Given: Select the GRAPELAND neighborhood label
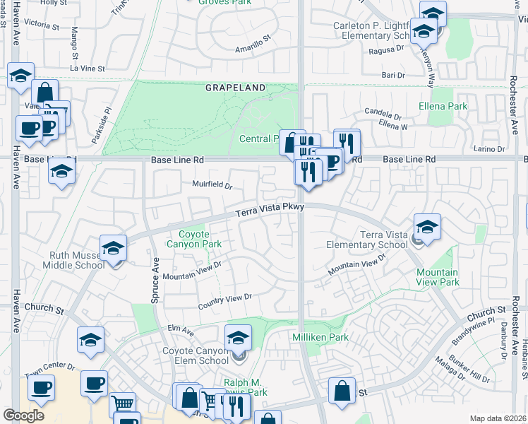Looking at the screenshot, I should point(236,88).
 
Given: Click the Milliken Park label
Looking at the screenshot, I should point(320,338).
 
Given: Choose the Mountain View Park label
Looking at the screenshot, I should point(437,277).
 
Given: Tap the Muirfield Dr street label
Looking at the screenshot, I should point(212,185).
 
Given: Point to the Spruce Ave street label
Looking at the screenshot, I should point(155,279).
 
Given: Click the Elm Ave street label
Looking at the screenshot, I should point(181,328).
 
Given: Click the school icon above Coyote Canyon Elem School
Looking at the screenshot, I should point(239,338).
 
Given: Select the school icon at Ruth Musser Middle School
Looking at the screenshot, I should point(113,248).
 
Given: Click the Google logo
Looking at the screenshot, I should point(23,416).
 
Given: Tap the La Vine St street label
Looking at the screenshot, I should point(87,69).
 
